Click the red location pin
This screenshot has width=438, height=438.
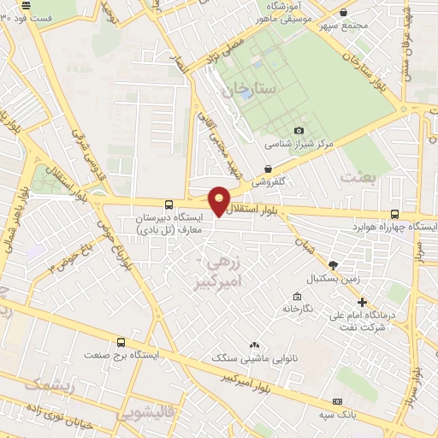pyautogui.click(x=219, y=199)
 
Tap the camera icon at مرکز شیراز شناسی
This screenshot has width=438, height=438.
pyautogui.click(x=299, y=130)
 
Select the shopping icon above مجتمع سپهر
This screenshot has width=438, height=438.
pyautogui.click(x=343, y=12)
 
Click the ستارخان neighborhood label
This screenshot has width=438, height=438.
pyautogui.click(x=250, y=88)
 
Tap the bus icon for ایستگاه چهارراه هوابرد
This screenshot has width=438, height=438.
pyautogui.click(x=394, y=214)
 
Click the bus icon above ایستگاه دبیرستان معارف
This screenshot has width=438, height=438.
pyautogui.click(x=168, y=205)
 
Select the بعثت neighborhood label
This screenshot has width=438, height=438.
pyautogui.click(x=358, y=176)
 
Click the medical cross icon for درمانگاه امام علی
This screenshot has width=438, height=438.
pyautogui.click(x=363, y=302)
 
